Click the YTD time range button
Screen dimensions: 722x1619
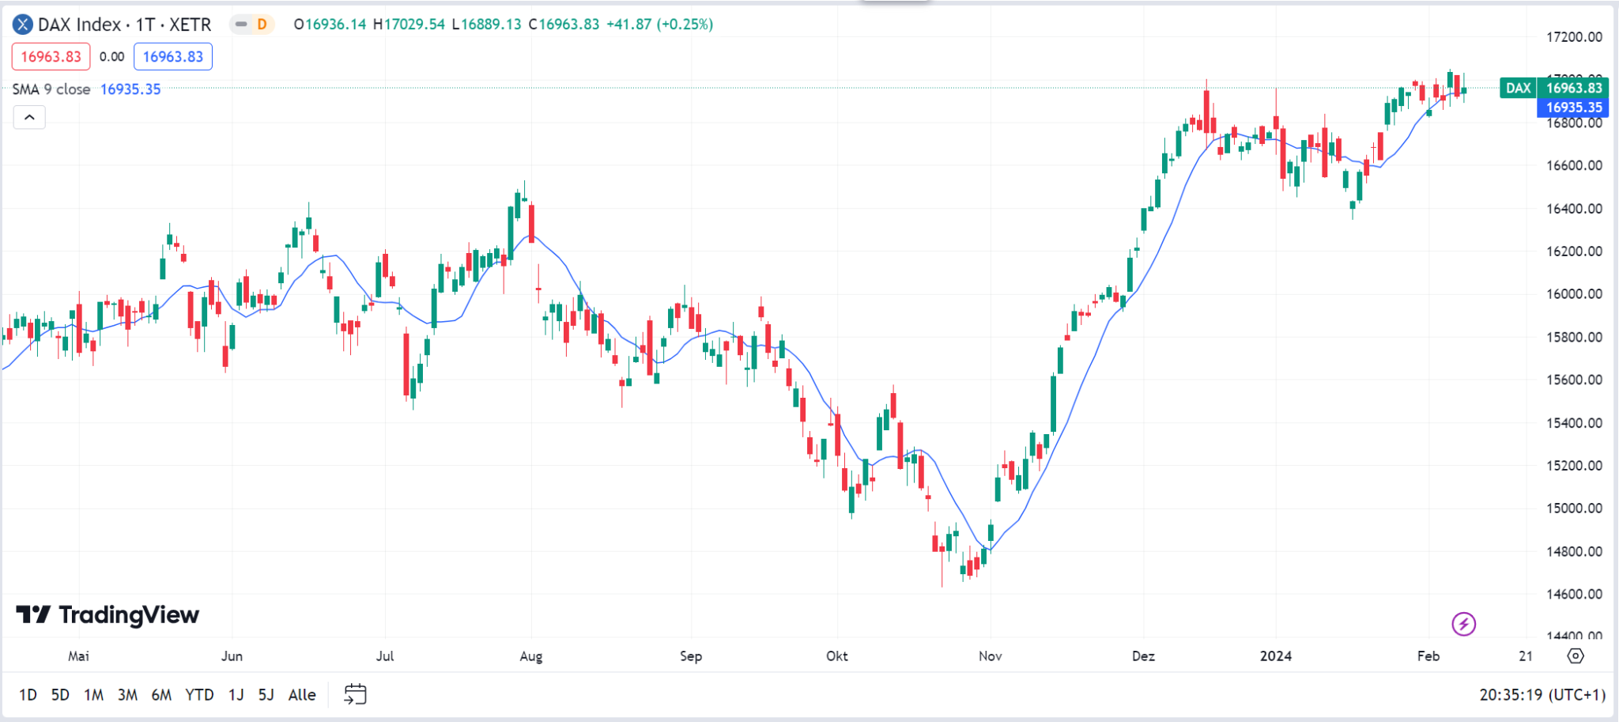pos(199,694)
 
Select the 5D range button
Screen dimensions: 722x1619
pos(60,694)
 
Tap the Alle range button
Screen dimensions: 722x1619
pos(302,694)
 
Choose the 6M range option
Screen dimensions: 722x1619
pos(161,694)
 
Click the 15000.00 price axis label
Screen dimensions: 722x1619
pos(1574,508)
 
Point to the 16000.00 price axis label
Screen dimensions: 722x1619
pos(1574,293)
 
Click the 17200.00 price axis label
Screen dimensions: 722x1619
pos(1574,36)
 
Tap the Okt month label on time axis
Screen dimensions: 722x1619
pos(836,656)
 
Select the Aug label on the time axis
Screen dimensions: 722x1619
pos(531,656)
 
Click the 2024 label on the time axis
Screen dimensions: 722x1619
pos(1276,656)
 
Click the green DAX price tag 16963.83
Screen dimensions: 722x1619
pos(1573,88)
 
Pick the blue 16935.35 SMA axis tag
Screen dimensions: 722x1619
pos(1573,108)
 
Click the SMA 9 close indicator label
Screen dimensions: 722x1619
pos(51,89)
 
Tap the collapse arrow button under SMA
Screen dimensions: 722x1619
pos(29,117)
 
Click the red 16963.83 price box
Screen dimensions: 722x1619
pos(51,56)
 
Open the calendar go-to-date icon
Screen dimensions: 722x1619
pos(356,694)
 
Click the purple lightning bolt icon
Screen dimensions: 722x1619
pos(1463,624)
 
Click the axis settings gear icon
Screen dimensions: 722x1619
pos(1576,656)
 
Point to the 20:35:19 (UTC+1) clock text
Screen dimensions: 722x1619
pos(1542,694)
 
